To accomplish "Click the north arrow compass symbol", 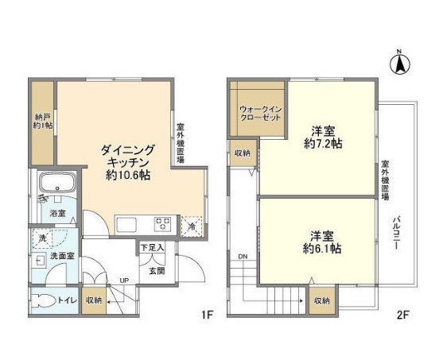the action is click(399, 63).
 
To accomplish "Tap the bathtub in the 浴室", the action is click(57, 182).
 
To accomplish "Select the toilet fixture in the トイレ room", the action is click(43, 300).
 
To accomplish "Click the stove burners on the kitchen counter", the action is click(162, 223).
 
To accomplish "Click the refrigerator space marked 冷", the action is click(192, 226).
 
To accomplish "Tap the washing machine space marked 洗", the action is click(42, 238).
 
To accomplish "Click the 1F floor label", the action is click(207, 315).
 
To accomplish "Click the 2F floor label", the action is click(402, 315).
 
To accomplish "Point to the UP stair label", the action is click(124, 281).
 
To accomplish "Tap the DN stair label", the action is click(243, 257).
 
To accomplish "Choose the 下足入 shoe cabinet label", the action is click(152, 248).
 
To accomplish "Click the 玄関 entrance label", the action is click(157, 271).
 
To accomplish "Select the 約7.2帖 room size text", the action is click(323, 144).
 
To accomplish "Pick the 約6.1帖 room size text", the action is click(322, 249).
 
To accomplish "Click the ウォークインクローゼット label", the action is click(261, 113).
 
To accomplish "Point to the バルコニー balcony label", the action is click(398, 232).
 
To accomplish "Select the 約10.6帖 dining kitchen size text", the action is click(128, 176).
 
